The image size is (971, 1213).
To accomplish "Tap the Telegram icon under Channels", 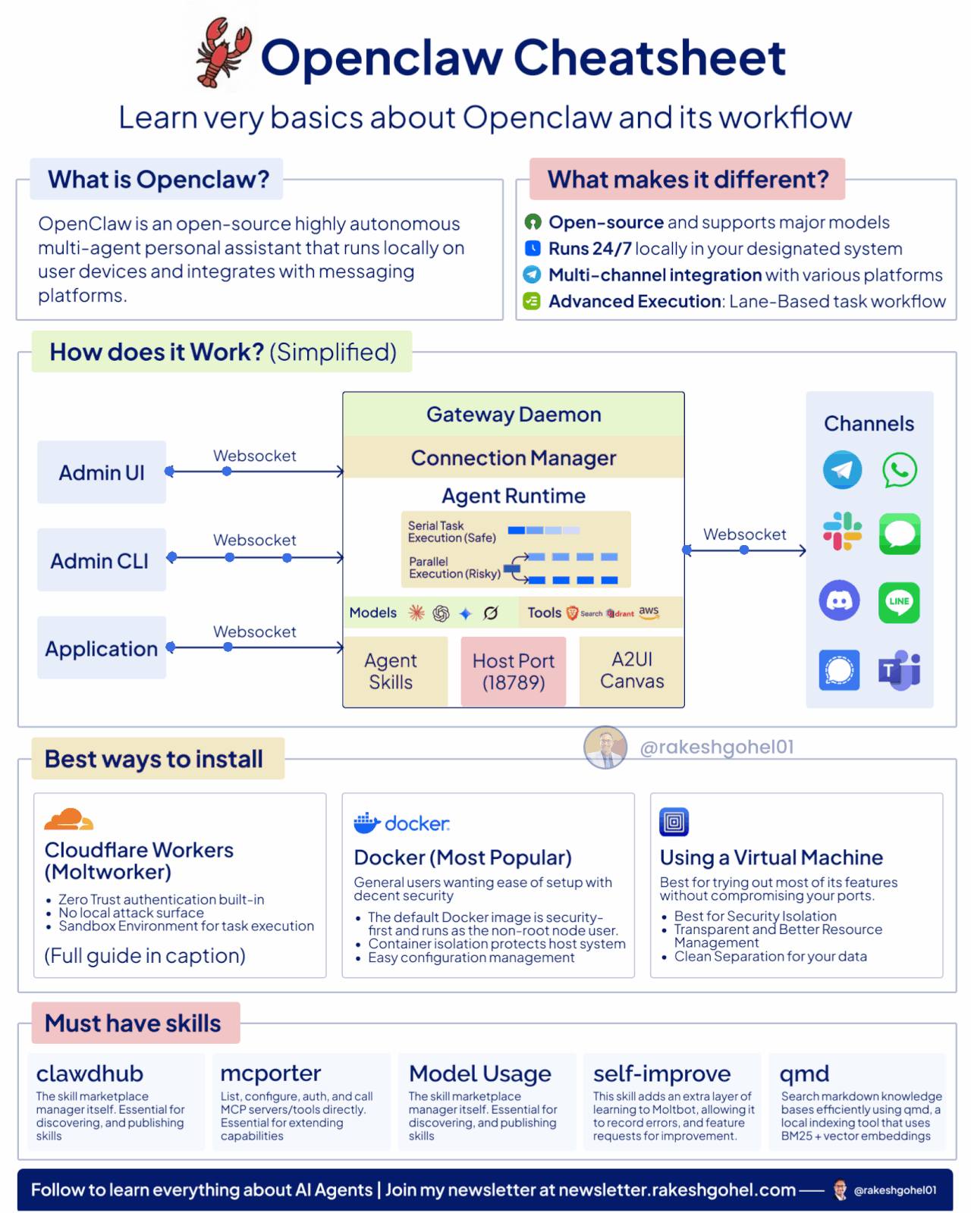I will click(x=842, y=470).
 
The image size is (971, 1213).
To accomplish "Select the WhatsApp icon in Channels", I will click(x=900, y=470).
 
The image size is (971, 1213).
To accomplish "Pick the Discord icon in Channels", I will click(x=839, y=601).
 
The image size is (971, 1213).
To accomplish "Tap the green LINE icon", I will click(x=899, y=602).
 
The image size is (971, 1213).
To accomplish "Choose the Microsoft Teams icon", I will click(x=899, y=670).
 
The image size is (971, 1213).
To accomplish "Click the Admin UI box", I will click(x=102, y=472).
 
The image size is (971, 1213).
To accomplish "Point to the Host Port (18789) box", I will click(x=514, y=671).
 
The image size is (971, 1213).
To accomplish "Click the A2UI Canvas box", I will click(x=632, y=670).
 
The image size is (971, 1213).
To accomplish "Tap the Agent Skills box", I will click(x=391, y=671).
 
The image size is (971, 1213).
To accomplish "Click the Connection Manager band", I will click(x=514, y=457).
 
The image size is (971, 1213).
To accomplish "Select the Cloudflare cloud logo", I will click(x=68, y=820).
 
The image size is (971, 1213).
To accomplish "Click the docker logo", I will click(x=402, y=823).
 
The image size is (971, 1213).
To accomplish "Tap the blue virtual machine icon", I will click(x=674, y=822).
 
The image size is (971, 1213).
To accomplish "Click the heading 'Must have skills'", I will click(x=133, y=1023).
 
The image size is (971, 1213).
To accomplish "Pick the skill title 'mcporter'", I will click(x=271, y=1074).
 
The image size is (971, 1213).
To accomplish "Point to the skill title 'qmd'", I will click(x=804, y=1074).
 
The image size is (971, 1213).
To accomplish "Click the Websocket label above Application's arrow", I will click(x=255, y=632).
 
